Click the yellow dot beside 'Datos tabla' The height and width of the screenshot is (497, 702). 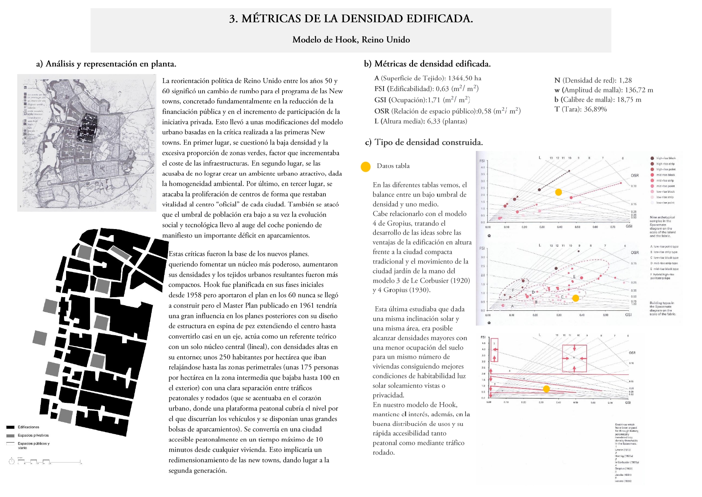pyautogui.click(x=365, y=167)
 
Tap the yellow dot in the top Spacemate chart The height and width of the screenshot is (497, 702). pyautogui.click(x=558, y=192)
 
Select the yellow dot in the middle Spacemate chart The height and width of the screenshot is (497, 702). pyautogui.click(x=576, y=298)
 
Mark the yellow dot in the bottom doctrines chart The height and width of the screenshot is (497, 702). pyautogui.click(x=546, y=389)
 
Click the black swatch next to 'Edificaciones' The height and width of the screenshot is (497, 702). pyautogui.click(x=10, y=427)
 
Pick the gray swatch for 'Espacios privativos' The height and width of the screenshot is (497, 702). pyautogui.click(x=10, y=435)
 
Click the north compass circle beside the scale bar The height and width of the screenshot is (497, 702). pyautogui.click(x=12, y=461)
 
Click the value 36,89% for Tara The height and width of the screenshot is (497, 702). pyautogui.click(x=595, y=109)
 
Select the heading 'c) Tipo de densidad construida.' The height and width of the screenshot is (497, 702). pyautogui.click(x=424, y=142)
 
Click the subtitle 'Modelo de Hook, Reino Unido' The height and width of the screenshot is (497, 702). pyautogui.click(x=351, y=40)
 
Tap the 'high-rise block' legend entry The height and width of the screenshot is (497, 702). pyautogui.click(x=666, y=158)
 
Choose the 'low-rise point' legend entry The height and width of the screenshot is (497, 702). pyautogui.click(x=665, y=203)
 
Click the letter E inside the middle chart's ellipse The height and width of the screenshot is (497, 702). pyautogui.click(x=574, y=277)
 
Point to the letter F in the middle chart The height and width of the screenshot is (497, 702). pyautogui.click(x=513, y=290)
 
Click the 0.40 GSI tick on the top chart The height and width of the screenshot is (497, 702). pyautogui.click(x=560, y=227)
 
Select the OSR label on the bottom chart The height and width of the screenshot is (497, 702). pyautogui.click(x=632, y=353)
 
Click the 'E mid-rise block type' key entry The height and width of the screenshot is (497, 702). pyautogui.click(x=664, y=269)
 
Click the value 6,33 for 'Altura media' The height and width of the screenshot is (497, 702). pyautogui.click(x=433, y=121)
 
